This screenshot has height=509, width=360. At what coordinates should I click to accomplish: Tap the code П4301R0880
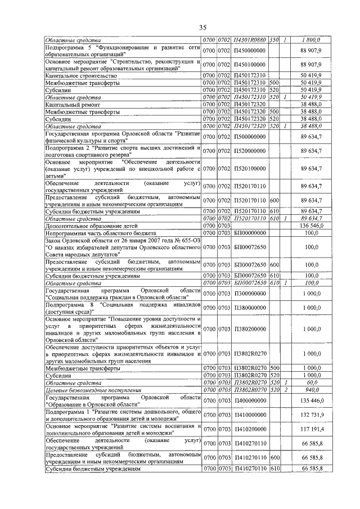(x=250, y=40)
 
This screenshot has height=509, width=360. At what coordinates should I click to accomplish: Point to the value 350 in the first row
(x=274, y=40)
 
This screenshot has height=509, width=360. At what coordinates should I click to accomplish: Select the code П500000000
(x=250, y=137)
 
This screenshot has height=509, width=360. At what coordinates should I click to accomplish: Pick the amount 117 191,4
(x=310, y=429)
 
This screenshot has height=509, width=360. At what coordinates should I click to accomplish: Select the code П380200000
(x=250, y=328)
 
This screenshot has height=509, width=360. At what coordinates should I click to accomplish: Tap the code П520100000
(x=250, y=168)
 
